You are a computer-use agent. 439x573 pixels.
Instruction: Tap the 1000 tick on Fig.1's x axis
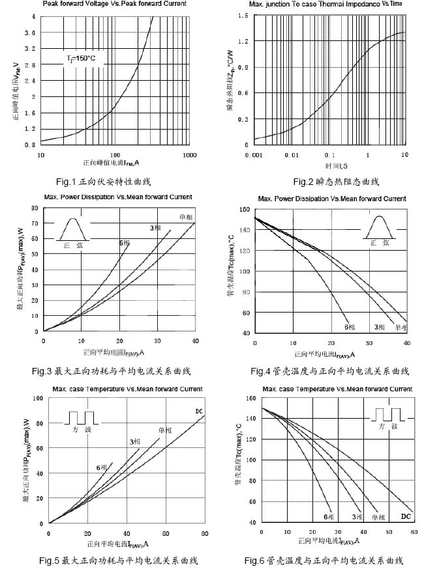(x=189, y=155)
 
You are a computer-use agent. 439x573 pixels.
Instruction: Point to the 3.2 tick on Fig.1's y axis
(x=31, y=49)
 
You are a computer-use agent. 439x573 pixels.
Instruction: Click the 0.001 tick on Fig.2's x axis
(x=253, y=155)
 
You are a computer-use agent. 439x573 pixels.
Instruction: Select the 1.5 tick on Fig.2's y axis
(x=243, y=16)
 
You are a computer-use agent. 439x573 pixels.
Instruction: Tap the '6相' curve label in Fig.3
(x=124, y=243)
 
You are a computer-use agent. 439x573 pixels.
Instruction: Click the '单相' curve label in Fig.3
(x=185, y=217)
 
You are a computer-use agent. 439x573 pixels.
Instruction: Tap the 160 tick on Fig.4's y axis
(x=245, y=209)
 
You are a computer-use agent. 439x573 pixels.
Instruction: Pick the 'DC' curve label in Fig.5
(x=199, y=411)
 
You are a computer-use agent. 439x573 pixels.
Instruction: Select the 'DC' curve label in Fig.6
(x=405, y=516)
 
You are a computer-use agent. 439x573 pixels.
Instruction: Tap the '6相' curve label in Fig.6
(x=329, y=516)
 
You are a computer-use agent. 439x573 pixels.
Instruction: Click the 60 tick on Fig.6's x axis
(x=413, y=532)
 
